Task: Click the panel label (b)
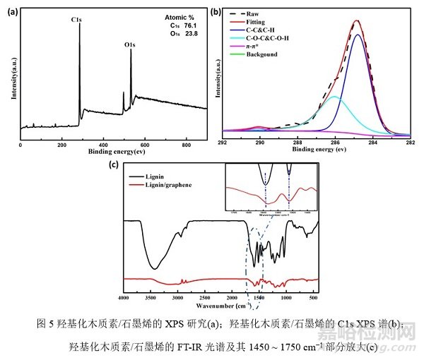point(214,9)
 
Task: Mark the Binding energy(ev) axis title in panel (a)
point(113,152)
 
